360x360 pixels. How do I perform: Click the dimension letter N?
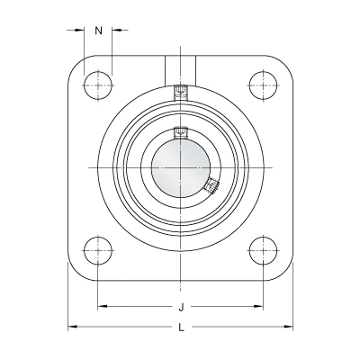click(99, 31)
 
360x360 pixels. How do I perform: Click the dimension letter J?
click(181, 307)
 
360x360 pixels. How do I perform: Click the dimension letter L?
click(181, 328)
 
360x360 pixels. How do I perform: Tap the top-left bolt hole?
click(98, 85)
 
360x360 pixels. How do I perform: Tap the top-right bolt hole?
click(263, 85)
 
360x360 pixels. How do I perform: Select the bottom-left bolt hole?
click(98, 250)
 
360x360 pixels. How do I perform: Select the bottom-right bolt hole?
click(263, 250)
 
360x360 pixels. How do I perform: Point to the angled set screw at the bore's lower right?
click(211, 186)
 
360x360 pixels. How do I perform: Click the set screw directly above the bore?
click(181, 132)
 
